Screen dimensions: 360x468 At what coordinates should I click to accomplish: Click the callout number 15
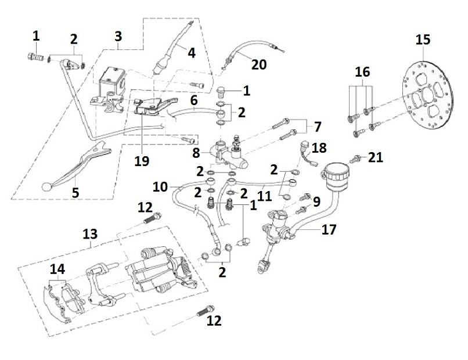[423, 40]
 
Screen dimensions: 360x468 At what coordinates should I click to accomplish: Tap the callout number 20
[259, 64]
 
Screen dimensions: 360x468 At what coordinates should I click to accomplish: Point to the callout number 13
[89, 234]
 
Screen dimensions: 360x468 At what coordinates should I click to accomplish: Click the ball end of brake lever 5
[46, 186]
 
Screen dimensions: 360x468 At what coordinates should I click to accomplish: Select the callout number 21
[376, 157]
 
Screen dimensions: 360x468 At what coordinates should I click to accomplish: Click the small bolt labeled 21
[356, 158]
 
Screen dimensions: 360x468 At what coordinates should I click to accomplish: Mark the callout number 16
[362, 72]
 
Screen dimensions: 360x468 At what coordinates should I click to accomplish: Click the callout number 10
[160, 187]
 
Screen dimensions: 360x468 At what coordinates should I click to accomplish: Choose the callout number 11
[265, 196]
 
